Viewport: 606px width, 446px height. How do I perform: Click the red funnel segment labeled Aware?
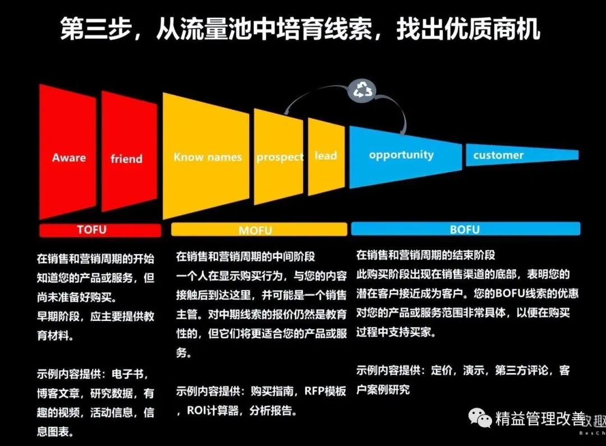[x=68, y=154]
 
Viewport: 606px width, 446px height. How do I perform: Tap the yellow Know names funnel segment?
[x=206, y=157]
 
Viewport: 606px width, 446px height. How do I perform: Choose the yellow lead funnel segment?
[x=326, y=157]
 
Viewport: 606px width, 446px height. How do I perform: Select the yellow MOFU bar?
[x=259, y=230]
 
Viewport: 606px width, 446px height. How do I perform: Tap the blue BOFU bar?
[x=465, y=229]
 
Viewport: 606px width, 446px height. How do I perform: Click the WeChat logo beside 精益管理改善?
[x=481, y=417]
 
